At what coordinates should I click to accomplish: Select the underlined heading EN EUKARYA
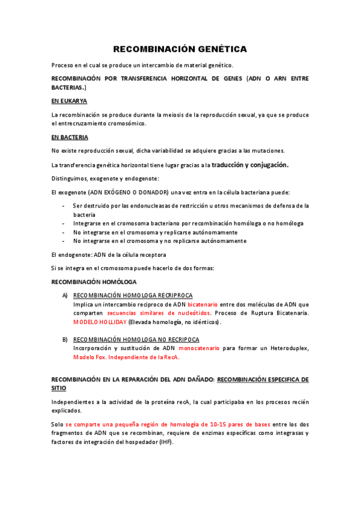pos(69,101)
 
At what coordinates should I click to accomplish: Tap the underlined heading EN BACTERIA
pos(70,137)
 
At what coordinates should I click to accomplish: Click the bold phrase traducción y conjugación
pos(250,164)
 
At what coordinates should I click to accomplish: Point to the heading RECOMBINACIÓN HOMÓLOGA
pos(94,282)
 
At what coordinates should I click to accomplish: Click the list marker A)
pos(65,296)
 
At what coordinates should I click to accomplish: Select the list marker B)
pos(65,340)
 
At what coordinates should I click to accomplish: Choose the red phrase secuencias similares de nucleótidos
pos(159,313)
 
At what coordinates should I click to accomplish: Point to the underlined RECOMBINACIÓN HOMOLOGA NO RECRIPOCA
pos(136,340)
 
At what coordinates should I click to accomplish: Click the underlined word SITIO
pos(60,389)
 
